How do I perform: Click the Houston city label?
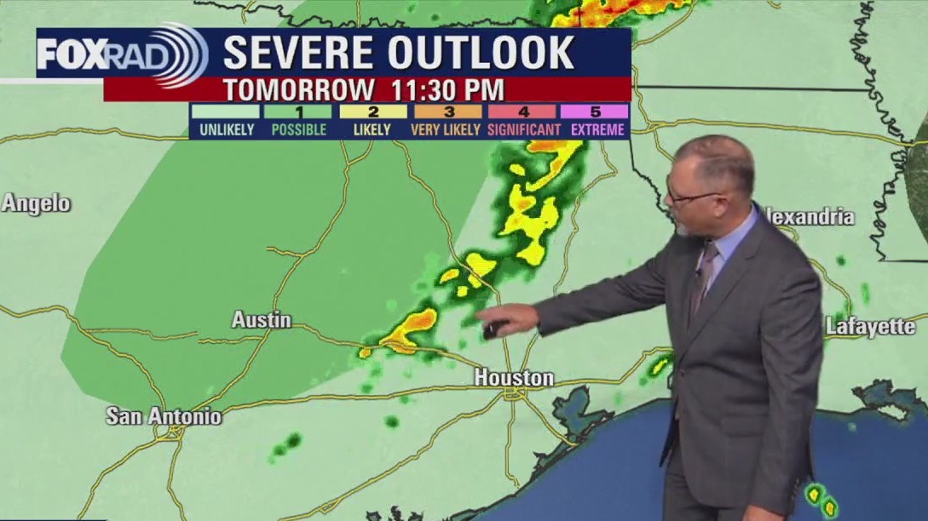[514, 377]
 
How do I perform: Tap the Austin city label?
[262, 321]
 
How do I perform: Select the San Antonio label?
[164, 416]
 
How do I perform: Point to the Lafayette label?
[870, 326]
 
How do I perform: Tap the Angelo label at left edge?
[36, 203]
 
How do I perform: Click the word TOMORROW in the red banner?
[298, 89]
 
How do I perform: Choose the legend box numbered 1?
[297, 112]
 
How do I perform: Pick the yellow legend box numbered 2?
[372, 112]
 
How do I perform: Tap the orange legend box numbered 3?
[448, 112]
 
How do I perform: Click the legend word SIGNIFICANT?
[524, 130]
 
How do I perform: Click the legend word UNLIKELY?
[225, 130]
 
